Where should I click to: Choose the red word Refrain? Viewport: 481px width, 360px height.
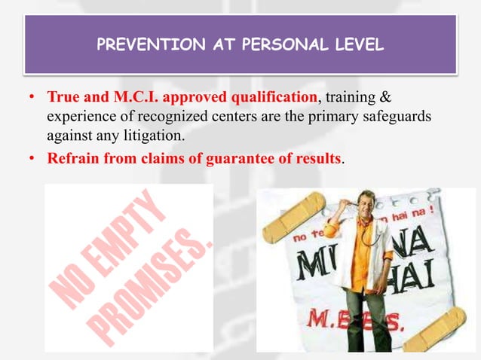tap(72, 159)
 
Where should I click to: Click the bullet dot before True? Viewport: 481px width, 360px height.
tap(32, 98)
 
